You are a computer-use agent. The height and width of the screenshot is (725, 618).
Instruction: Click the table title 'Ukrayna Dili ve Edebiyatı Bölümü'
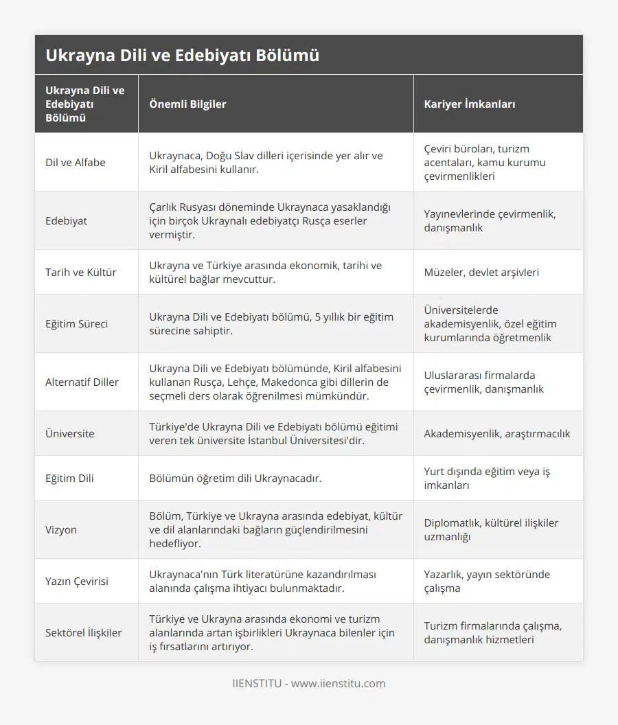[182, 56]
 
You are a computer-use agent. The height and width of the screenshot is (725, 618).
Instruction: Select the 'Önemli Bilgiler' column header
[187, 104]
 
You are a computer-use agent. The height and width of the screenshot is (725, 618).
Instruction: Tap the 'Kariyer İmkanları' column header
[470, 104]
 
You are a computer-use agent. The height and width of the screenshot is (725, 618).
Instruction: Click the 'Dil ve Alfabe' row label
[76, 163]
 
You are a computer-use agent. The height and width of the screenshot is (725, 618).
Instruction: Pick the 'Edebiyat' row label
[67, 221]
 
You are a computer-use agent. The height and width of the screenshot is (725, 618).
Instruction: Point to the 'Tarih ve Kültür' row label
[81, 273]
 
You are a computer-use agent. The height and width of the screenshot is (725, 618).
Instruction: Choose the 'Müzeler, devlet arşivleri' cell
[481, 273]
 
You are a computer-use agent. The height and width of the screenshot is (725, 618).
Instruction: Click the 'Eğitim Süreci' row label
[77, 324]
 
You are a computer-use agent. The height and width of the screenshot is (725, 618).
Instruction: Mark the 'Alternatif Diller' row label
[82, 382]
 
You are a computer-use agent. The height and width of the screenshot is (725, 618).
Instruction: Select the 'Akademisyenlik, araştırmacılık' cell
[497, 434]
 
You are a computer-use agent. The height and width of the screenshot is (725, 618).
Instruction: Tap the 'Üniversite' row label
[70, 434]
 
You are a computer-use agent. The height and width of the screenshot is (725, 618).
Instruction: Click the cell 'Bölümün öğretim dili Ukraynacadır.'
[235, 479]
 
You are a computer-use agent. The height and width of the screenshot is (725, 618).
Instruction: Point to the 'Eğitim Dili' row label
[70, 479]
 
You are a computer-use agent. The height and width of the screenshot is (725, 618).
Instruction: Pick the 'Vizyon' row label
[62, 530]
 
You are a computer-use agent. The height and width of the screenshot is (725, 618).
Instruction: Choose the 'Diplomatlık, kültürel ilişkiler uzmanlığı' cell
[491, 530]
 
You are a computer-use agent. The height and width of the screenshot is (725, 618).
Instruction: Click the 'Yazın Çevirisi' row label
[77, 582]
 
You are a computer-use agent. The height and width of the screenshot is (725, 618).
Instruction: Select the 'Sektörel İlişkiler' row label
[84, 633]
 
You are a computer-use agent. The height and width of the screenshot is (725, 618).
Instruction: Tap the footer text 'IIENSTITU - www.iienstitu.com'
[309, 684]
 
